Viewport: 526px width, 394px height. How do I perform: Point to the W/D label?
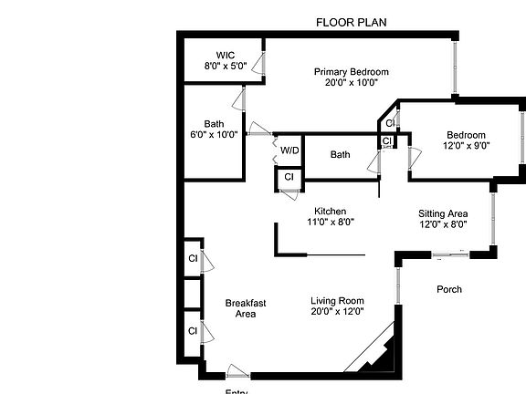click(289, 150)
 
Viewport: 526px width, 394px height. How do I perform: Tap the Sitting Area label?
click(443, 213)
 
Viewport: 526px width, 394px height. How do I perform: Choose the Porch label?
click(447, 290)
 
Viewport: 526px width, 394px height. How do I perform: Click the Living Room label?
click(338, 301)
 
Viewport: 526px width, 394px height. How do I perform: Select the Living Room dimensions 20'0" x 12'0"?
click(338, 312)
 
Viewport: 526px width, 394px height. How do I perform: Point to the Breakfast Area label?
click(246, 308)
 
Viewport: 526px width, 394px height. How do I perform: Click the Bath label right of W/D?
click(341, 155)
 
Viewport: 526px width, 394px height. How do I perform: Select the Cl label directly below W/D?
click(289, 176)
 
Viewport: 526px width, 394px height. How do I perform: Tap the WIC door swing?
click(260, 65)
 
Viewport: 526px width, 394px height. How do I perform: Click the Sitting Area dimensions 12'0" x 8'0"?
click(443, 224)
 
